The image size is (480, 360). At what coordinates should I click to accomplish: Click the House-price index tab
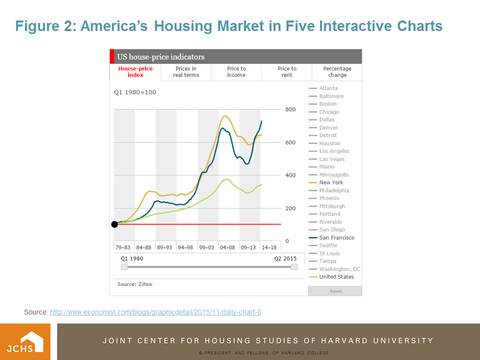[135, 72]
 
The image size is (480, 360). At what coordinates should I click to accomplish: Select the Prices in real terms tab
[186, 72]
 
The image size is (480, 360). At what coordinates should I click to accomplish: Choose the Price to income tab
[236, 72]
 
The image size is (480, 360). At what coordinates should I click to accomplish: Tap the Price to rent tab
[287, 72]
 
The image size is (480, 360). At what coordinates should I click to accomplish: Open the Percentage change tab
[337, 72]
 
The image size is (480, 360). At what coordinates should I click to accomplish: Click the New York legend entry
[331, 182]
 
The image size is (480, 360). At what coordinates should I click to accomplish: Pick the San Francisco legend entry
[336, 237]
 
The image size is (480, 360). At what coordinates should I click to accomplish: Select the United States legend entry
[336, 277]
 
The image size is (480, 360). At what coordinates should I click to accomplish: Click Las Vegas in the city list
[331, 159]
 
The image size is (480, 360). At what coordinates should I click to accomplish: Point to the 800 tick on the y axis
[290, 109]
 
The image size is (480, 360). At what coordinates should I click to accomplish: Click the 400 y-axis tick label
[290, 175]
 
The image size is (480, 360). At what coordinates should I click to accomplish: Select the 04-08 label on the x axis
[227, 247]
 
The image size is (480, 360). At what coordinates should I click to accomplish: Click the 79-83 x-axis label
[123, 247]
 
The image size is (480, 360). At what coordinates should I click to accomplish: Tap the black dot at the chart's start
[114, 224]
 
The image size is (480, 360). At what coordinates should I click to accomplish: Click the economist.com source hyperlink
[155, 312]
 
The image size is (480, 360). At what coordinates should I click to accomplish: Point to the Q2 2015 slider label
[285, 258]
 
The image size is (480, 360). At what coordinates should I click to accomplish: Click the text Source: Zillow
[135, 284]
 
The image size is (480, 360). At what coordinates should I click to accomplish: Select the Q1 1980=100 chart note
[135, 92]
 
